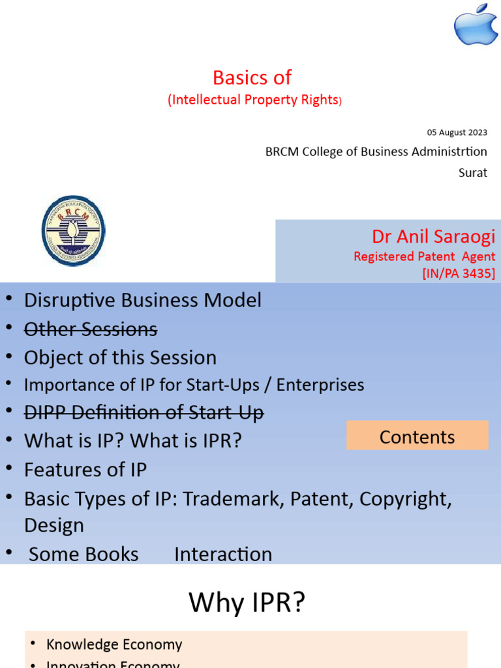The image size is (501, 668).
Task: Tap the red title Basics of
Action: (252, 78)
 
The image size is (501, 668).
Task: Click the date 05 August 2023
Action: (457, 132)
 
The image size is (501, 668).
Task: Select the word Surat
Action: (473, 174)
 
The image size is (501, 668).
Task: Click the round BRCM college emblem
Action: (73, 230)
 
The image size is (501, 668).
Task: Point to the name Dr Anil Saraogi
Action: (433, 236)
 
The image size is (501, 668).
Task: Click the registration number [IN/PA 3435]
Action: (459, 273)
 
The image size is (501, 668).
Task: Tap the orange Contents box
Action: (417, 436)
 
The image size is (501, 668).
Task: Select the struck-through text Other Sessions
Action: (91, 329)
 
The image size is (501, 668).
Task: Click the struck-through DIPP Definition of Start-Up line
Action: (144, 412)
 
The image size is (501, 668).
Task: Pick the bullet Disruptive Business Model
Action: (143, 300)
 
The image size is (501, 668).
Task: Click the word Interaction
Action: (223, 554)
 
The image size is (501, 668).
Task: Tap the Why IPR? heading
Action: (247, 603)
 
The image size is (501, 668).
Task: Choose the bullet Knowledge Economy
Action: (114, 645)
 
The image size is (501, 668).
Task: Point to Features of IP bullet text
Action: (85, 469)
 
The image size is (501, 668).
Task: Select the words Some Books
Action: (83, 554)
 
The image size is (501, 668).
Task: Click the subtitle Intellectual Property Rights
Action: (254, 100)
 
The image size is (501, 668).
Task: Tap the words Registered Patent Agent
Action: (424, 256)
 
